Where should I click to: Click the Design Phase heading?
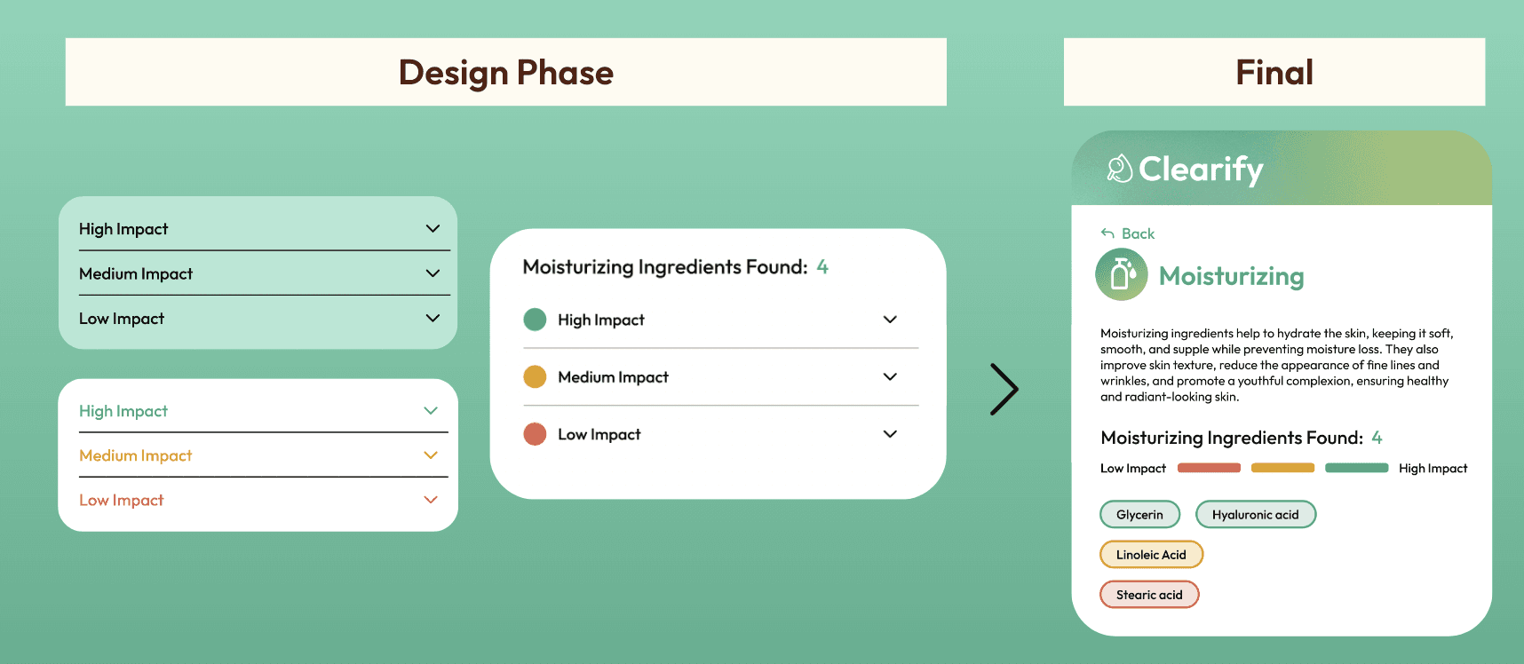pos(506,73)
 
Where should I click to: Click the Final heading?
pos(1274,73)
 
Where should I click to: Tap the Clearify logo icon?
pos(1119,168)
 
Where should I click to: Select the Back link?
pos(1128,233)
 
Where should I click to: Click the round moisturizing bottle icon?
pos(1122,275)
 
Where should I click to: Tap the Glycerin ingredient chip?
pos(1139,515)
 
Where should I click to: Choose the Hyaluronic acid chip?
pos(1256,515)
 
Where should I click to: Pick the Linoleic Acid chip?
pos(1151,555)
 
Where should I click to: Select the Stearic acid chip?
pos(1149,595)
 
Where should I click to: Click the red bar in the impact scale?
pos(1209,468)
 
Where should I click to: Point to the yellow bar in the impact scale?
pos(1282,468)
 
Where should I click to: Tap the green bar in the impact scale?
pos(1356,468)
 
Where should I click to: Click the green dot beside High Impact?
pos(535,320)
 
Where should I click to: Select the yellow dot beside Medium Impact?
pos(535,377)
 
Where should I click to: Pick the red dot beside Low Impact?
pos(535,434)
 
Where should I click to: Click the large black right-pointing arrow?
pos(1004,389)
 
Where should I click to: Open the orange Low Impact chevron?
pos(431,500)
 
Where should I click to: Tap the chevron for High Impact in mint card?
pos(433,228)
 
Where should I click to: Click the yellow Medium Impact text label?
pos(136,455)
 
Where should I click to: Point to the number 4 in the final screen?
pos(1377,438)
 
